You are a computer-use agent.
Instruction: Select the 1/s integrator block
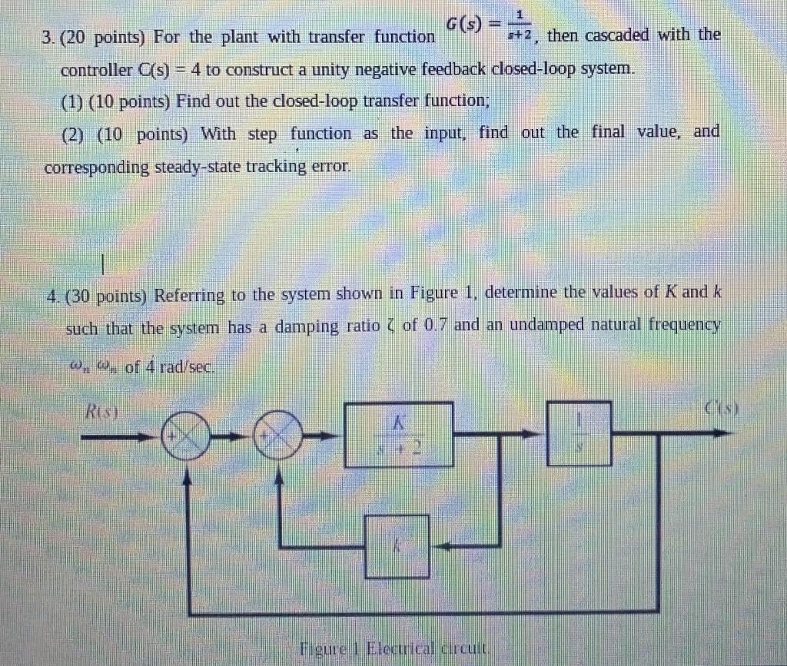pos(579,433)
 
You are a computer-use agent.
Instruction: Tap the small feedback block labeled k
pos(397,546)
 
